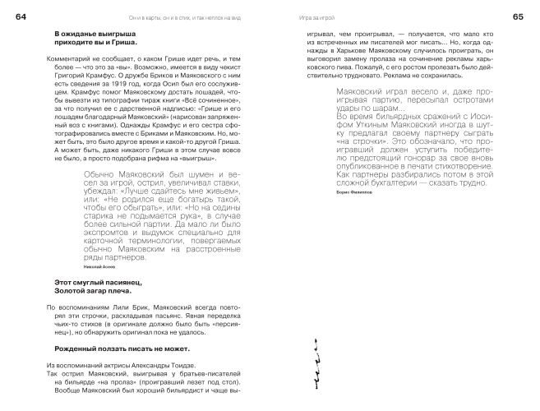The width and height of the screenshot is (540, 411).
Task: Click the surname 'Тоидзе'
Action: (169, 365)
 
